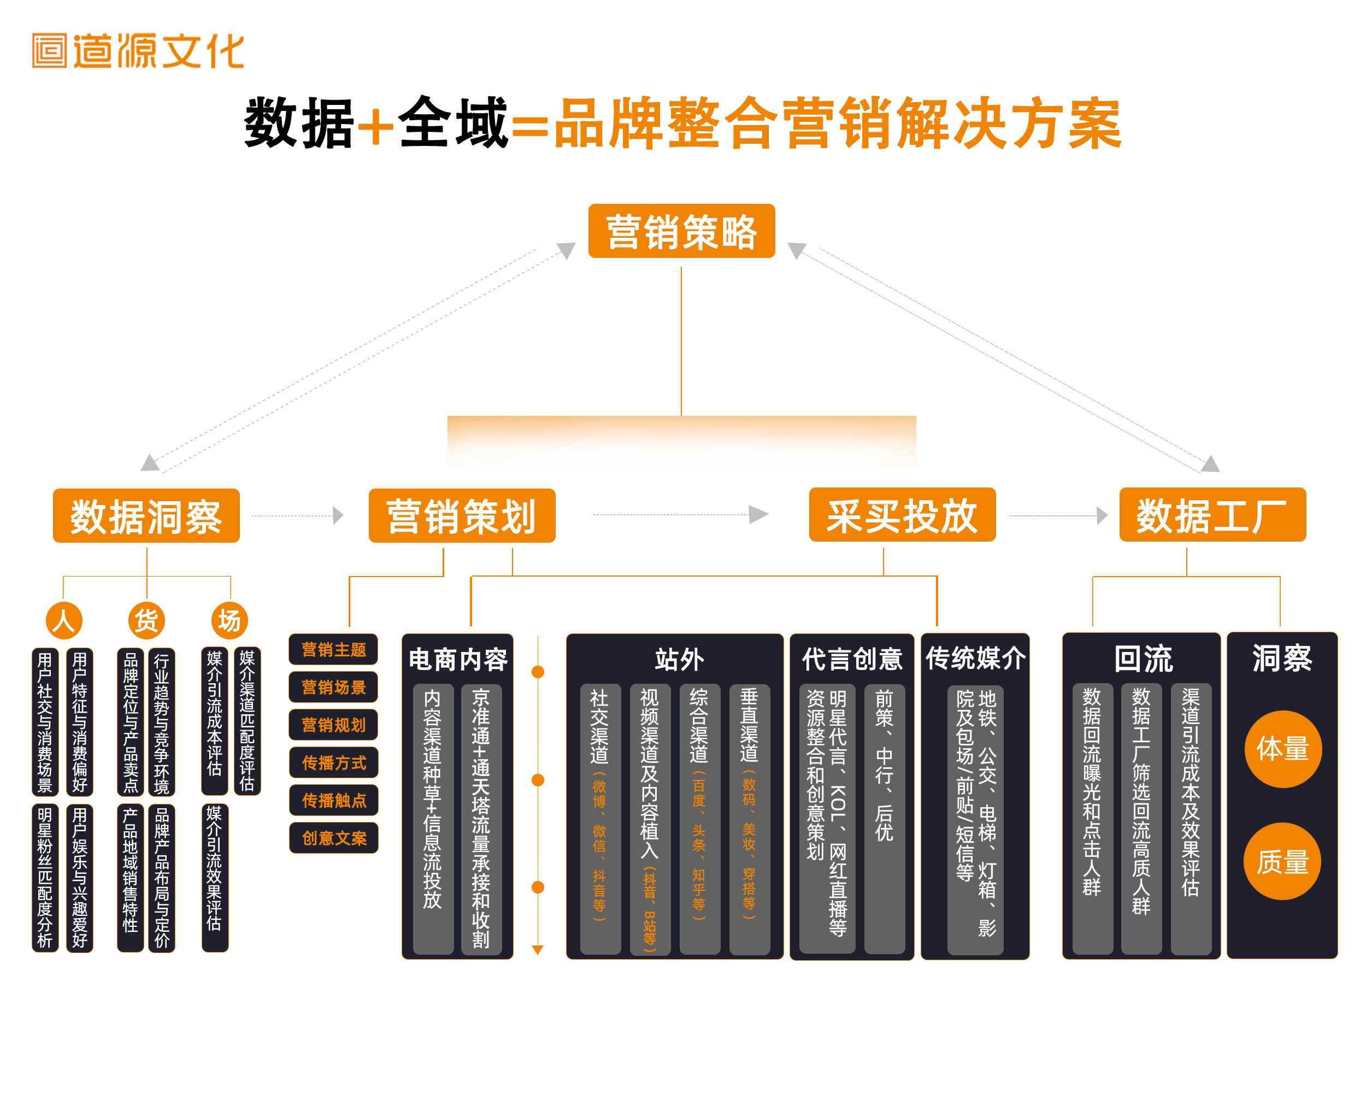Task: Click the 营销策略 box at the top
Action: (x=681, y=231)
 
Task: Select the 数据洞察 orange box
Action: (x=146, y=516)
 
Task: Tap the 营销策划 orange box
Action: (x=462, y=516)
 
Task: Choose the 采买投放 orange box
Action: (x=902, y=514)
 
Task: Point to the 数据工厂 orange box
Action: (x=1212, y=514)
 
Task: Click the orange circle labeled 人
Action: (x=64, y=620)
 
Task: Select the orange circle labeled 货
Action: (x=146, y=620)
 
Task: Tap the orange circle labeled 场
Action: (x=229, y=620)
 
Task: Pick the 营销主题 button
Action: (x=333, y=649)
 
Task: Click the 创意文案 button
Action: (x=333, y=838)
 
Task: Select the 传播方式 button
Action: (x=333, y=762)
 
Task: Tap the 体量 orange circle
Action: (x=1282, y=749)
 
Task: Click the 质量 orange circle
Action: (x=1282, y=862)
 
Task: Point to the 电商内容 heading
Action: (x=457, y=659)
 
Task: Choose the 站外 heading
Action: (x=679, y=659)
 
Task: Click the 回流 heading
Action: (x=1143, y=659)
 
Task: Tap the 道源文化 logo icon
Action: (x=49, y=51)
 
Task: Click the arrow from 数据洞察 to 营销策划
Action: (x=298, y=515)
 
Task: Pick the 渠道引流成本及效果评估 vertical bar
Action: (x=1191, y=818)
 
